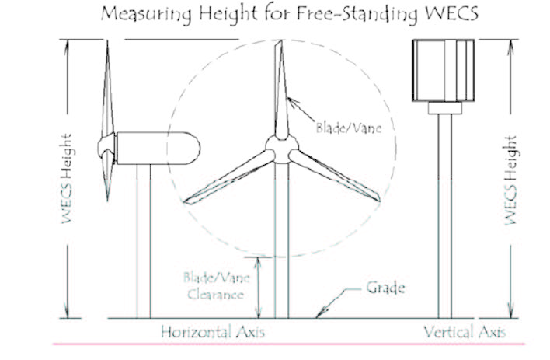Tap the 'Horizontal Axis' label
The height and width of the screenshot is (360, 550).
[213, 332]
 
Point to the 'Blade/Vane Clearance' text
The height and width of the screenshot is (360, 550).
[213, 285]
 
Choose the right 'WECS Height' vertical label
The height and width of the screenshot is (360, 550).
[510, 180]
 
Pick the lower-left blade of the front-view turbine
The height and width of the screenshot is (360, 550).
[229, 176]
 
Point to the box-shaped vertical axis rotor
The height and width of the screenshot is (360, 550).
[440, 71]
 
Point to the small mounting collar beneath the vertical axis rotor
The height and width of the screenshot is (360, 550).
[442, 109]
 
